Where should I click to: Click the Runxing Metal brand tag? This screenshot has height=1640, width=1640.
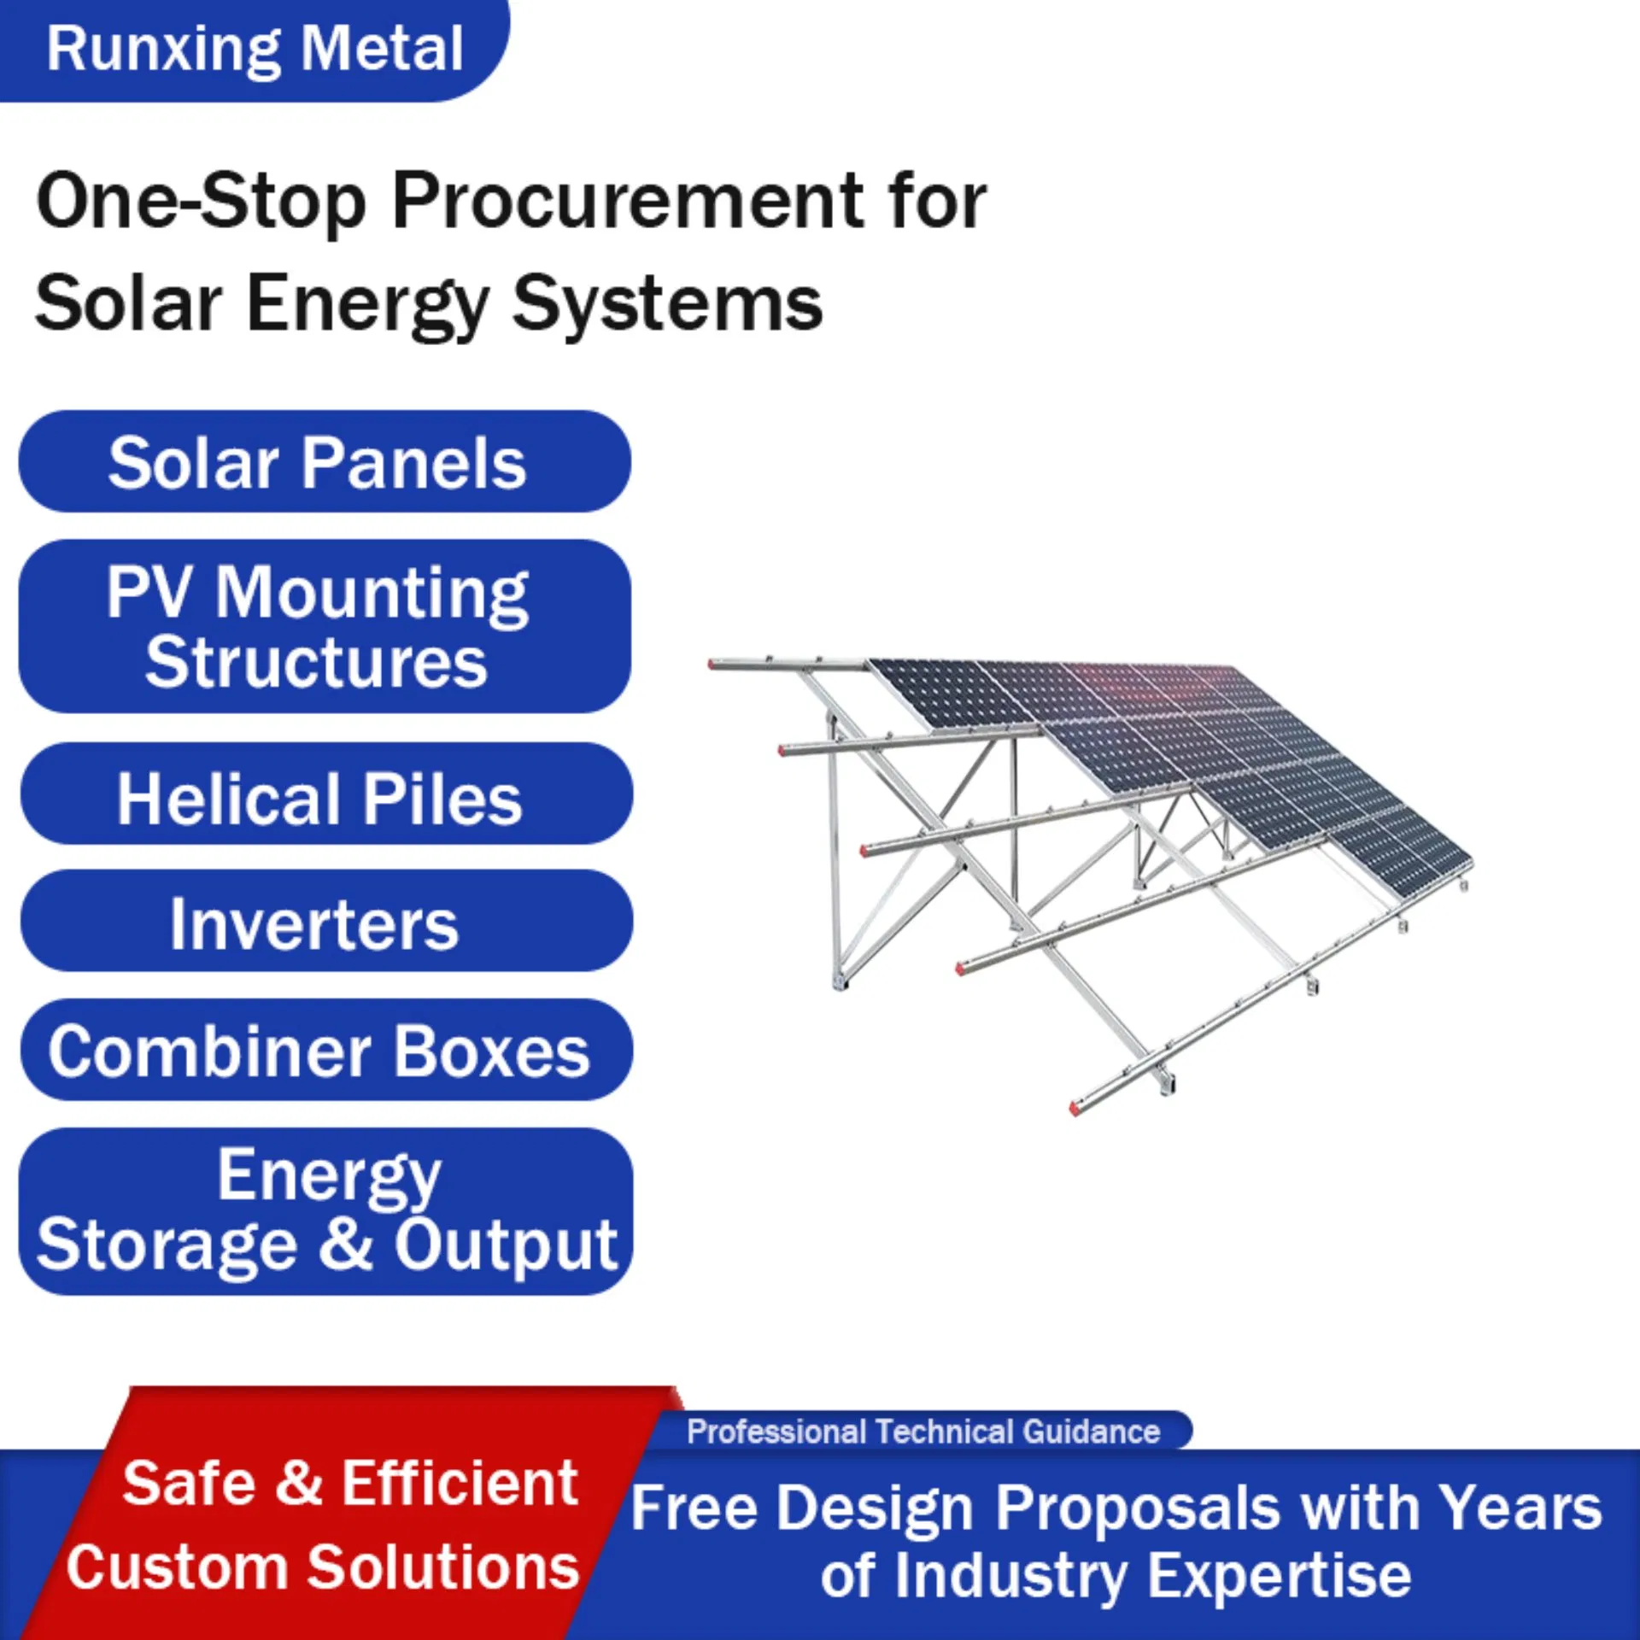(255, 49)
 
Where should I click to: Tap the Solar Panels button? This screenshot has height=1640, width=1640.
(325, 462)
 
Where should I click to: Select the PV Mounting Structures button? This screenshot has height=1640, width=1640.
(325, 626)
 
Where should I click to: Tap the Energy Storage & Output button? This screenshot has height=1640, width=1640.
(325, 1210)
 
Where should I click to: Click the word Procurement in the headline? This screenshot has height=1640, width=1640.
(628, 202)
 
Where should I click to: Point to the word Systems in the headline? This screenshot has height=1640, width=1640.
(667, 305)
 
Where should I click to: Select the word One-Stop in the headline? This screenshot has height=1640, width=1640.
(202, 202)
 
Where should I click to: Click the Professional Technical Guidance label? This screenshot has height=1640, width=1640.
(923, 1432)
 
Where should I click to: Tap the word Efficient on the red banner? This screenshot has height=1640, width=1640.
(460, 1484)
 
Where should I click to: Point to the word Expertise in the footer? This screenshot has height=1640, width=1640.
(1279, 1576)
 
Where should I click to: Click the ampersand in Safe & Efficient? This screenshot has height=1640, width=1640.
(299, 1484)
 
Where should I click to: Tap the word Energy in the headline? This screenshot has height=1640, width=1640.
(367, 305)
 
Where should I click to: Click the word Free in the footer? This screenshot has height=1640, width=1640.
(694, 1508)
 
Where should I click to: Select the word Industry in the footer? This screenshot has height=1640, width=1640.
(1010, 1576)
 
